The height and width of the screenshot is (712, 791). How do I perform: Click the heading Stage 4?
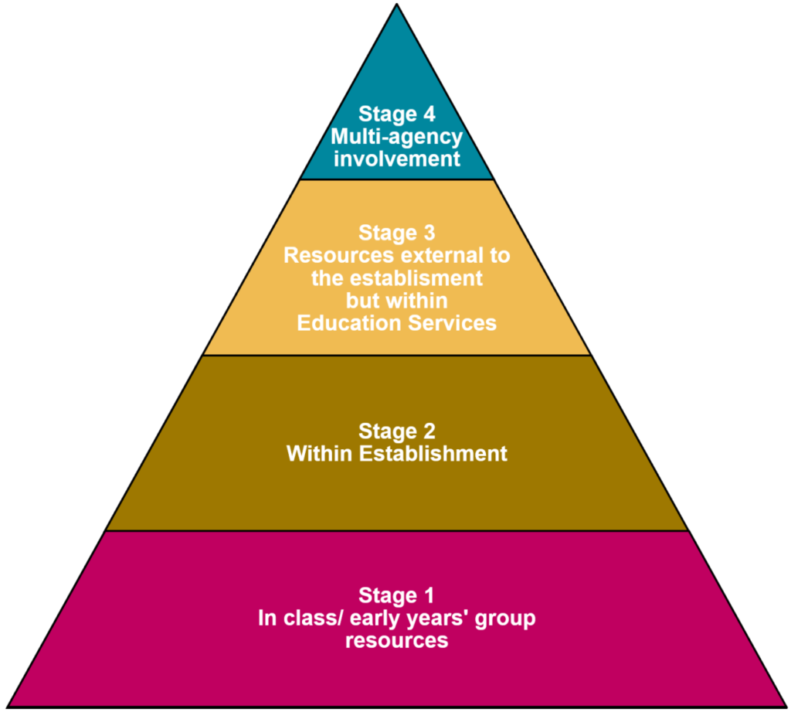[396, 114]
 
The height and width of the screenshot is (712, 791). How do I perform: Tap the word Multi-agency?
[396, 137]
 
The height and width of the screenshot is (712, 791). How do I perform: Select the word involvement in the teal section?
[396, 159]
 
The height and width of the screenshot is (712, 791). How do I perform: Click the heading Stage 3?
[396, 233]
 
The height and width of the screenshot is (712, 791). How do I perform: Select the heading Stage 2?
[396, 431]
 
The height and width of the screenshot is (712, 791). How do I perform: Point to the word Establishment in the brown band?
[434, 453]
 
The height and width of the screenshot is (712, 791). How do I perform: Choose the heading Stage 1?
[396, 595]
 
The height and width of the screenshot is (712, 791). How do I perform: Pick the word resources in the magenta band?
[396, 641]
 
